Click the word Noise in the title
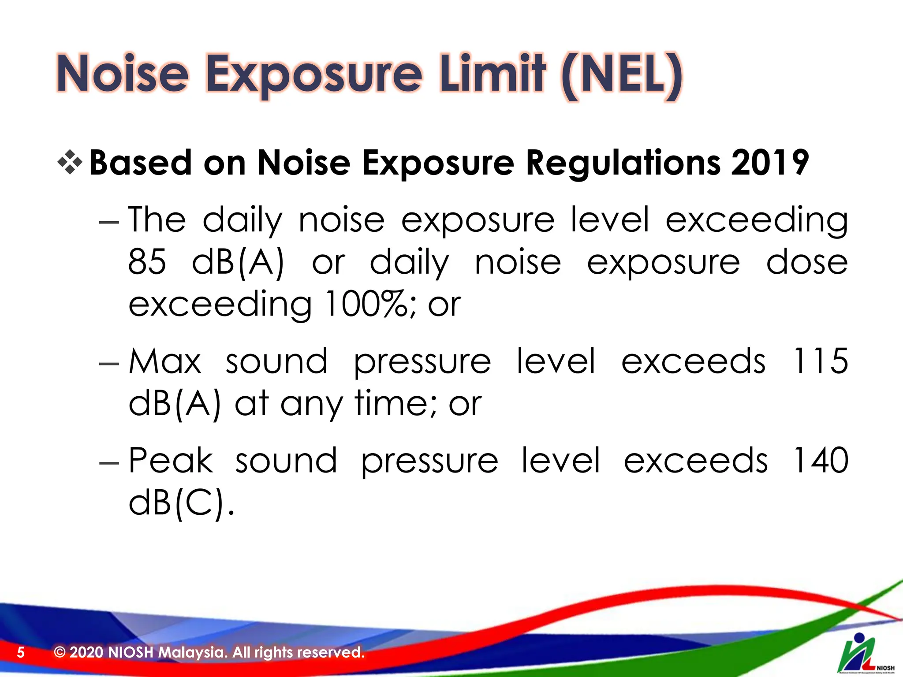tap(123, 74)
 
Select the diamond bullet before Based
tap(70, 162)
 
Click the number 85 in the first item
tap(147, 262)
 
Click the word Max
tap(165, 361)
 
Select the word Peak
tap(171, 461)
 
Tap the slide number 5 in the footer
tap(21, 652)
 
